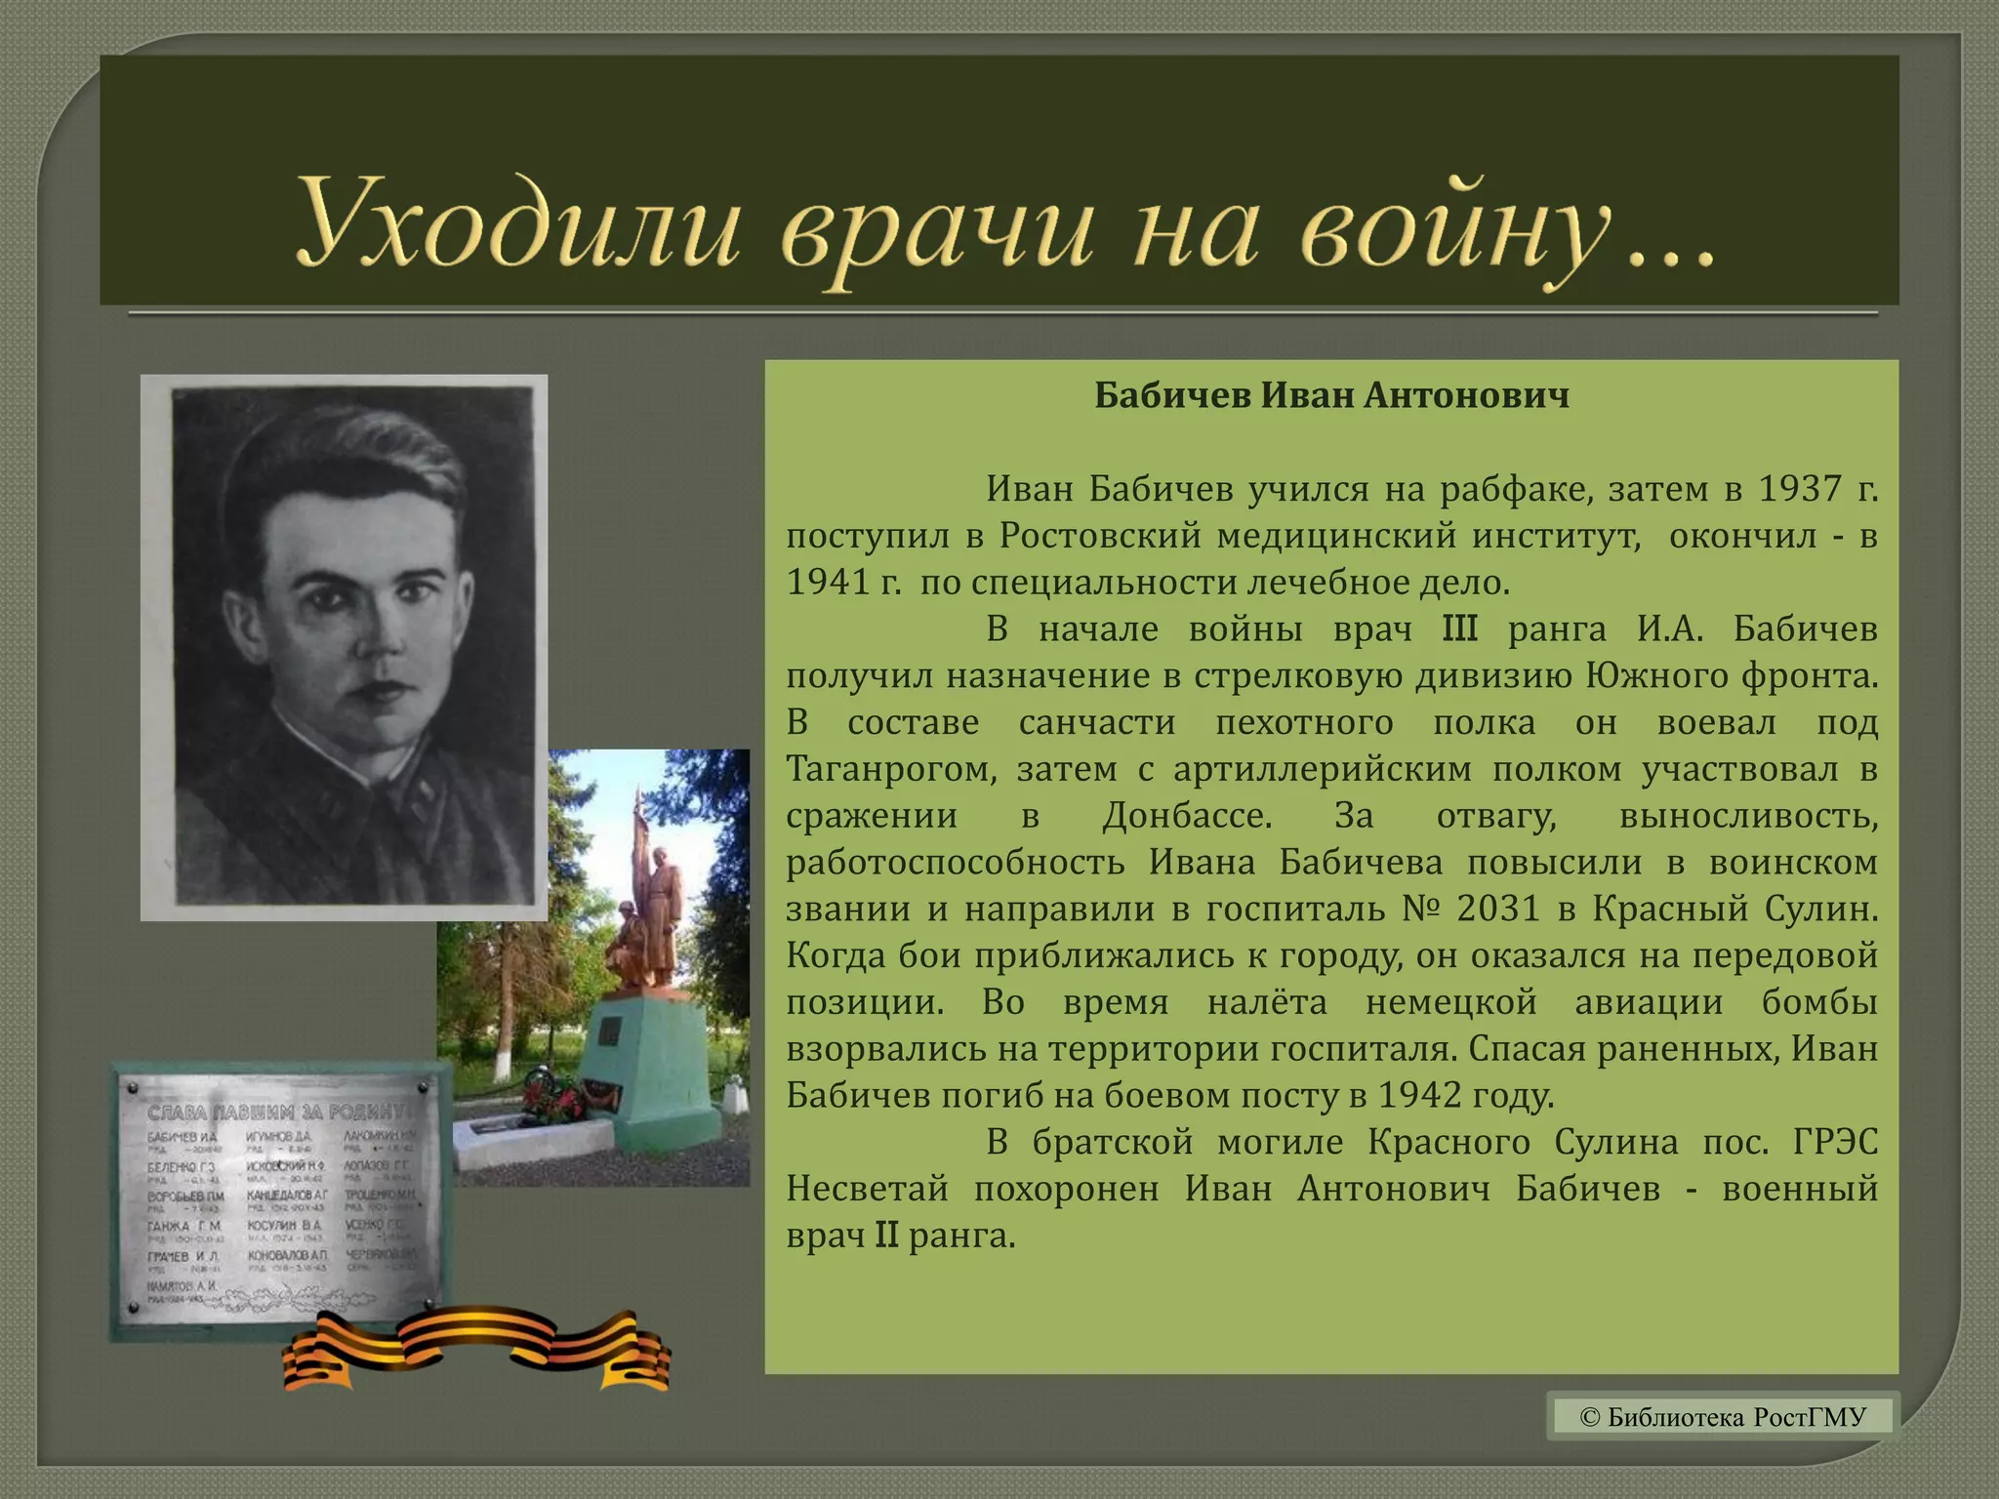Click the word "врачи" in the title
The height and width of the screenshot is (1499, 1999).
(939, 230)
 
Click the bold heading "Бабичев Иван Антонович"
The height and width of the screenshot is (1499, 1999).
(1331, 396)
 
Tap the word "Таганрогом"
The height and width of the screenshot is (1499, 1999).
(891, 769)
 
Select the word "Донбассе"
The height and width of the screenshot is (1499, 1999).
(1186, 816)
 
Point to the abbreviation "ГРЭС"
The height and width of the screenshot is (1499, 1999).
(1835, 1142)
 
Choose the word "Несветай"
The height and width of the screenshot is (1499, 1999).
(867, 1189)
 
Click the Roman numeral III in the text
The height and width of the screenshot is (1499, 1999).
(1459, 629)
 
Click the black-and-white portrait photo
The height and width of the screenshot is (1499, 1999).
(345, 647)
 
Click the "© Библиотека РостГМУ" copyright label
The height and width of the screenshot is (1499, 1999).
(1722, 1416)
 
